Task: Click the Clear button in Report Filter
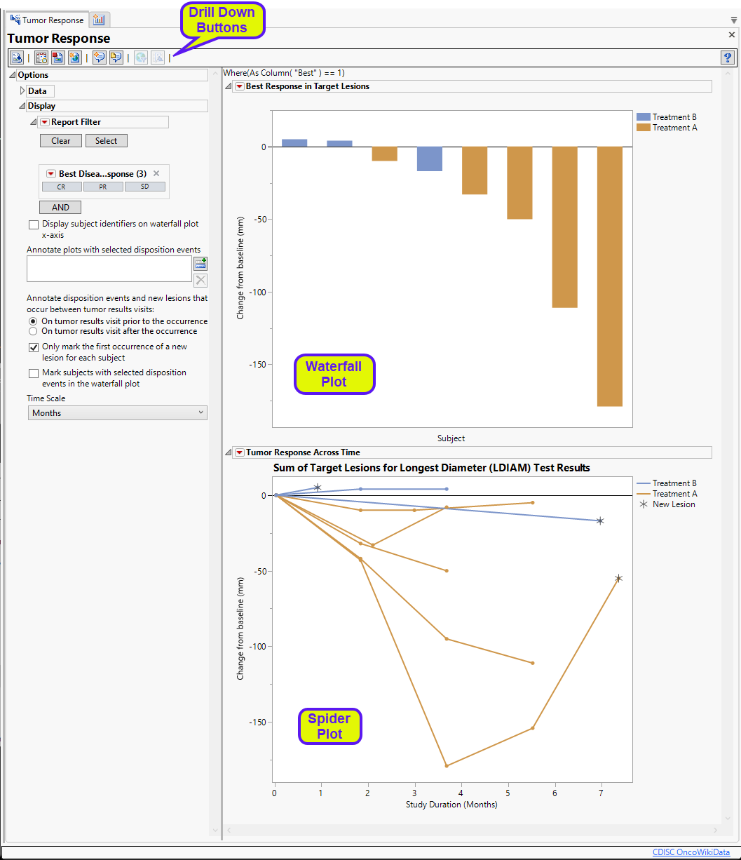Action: [x=61, y=141]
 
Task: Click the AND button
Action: [x=60, y=208]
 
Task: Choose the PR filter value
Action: [x=103, y=187]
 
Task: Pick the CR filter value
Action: [x=62, y=187]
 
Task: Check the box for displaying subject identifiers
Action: [x=34, y=224]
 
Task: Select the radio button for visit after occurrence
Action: [x=33, y=331]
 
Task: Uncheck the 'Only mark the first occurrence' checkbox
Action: [x=34, y=347]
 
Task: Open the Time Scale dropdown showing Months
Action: [x=117, y=413]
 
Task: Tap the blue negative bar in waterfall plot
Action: [x=430, y=159]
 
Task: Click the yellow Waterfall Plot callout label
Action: [x=334, y=374]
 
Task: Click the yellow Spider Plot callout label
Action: [x=329, y=726]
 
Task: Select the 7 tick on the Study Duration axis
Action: [x=601, y=793]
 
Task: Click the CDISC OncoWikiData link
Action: [x=691, y=852]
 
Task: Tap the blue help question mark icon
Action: [x=727, y=58]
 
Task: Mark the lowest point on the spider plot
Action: [x=447, y=765]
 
